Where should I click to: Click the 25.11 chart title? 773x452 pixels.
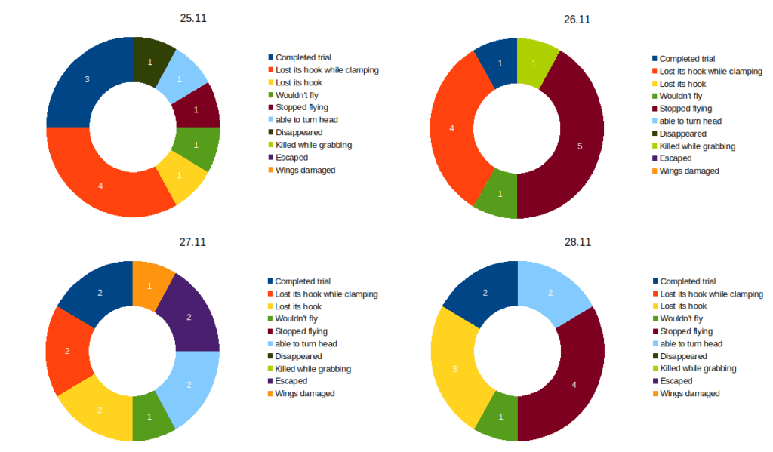click(x=193, y=18)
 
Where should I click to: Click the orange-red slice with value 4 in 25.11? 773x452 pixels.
click(x=100, y=185)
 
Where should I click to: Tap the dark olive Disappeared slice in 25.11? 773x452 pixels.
click(x=149, y=61)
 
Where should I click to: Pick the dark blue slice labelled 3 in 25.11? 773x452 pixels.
click(x=87, y=79)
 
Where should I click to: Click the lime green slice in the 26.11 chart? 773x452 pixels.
click(x=534, y=63)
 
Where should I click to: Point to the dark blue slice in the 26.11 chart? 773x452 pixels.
click(x=500, y=63)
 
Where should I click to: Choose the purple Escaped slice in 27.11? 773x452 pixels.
click(x=189, y=317)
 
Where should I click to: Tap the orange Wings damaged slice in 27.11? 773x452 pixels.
click(x=149, y=286)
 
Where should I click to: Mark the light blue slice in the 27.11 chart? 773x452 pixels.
click(x=189, y=385)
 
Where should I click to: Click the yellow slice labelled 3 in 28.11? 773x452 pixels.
click(x=455, y=368)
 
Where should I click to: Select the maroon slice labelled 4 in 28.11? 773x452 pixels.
click(x=574, y=385)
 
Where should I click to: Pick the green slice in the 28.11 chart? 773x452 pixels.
click(x=500, y=416)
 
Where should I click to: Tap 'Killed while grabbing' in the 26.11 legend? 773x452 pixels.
click(x=696, y=146)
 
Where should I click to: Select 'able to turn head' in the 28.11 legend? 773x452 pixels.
click(x=691, y=343)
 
